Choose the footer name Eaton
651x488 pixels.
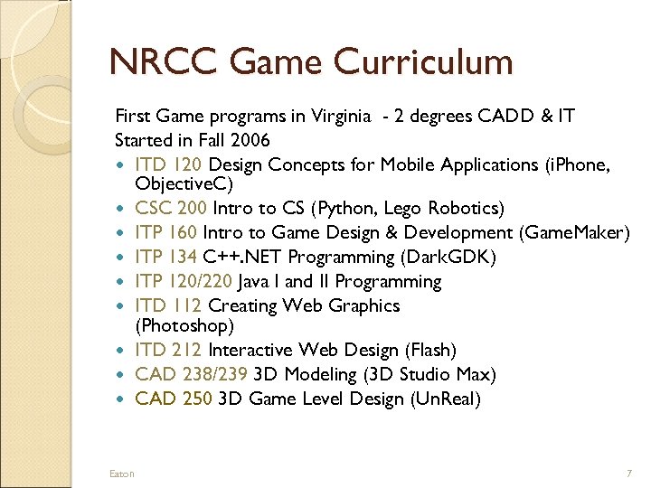tap(121, 473)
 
